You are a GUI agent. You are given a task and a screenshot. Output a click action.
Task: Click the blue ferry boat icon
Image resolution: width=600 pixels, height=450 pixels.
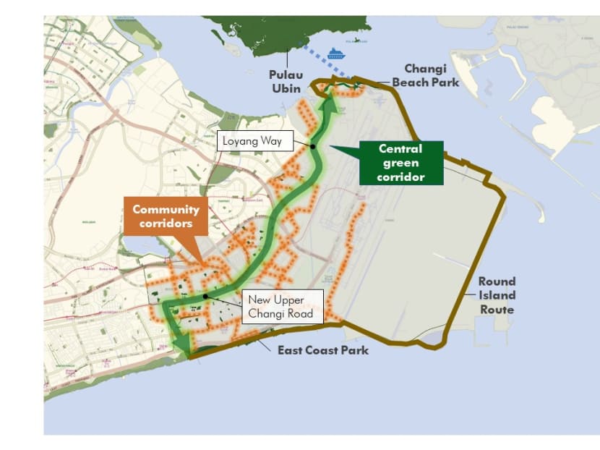click(x=337, y=53)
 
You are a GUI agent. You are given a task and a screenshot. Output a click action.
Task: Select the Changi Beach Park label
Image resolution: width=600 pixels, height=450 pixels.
click(x=425, y=75)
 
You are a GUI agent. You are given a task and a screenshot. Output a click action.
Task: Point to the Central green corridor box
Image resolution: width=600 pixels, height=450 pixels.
click(x=400, y=163)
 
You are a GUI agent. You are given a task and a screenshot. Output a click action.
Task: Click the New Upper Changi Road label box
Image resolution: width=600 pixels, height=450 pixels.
click(x=280, y=307)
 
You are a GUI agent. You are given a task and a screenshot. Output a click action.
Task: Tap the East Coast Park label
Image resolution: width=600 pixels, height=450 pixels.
click(x=323, y=350)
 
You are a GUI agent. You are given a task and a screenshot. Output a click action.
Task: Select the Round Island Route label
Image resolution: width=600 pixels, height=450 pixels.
click(x=497, y=295)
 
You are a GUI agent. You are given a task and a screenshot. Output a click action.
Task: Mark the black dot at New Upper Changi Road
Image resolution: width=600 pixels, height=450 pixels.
click(x=205, y=296)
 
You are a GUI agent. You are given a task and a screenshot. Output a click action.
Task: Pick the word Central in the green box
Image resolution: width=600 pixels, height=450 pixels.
click(x=400, y=149)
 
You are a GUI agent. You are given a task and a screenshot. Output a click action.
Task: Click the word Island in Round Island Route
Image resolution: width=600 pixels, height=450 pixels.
click(x=497, y=295)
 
